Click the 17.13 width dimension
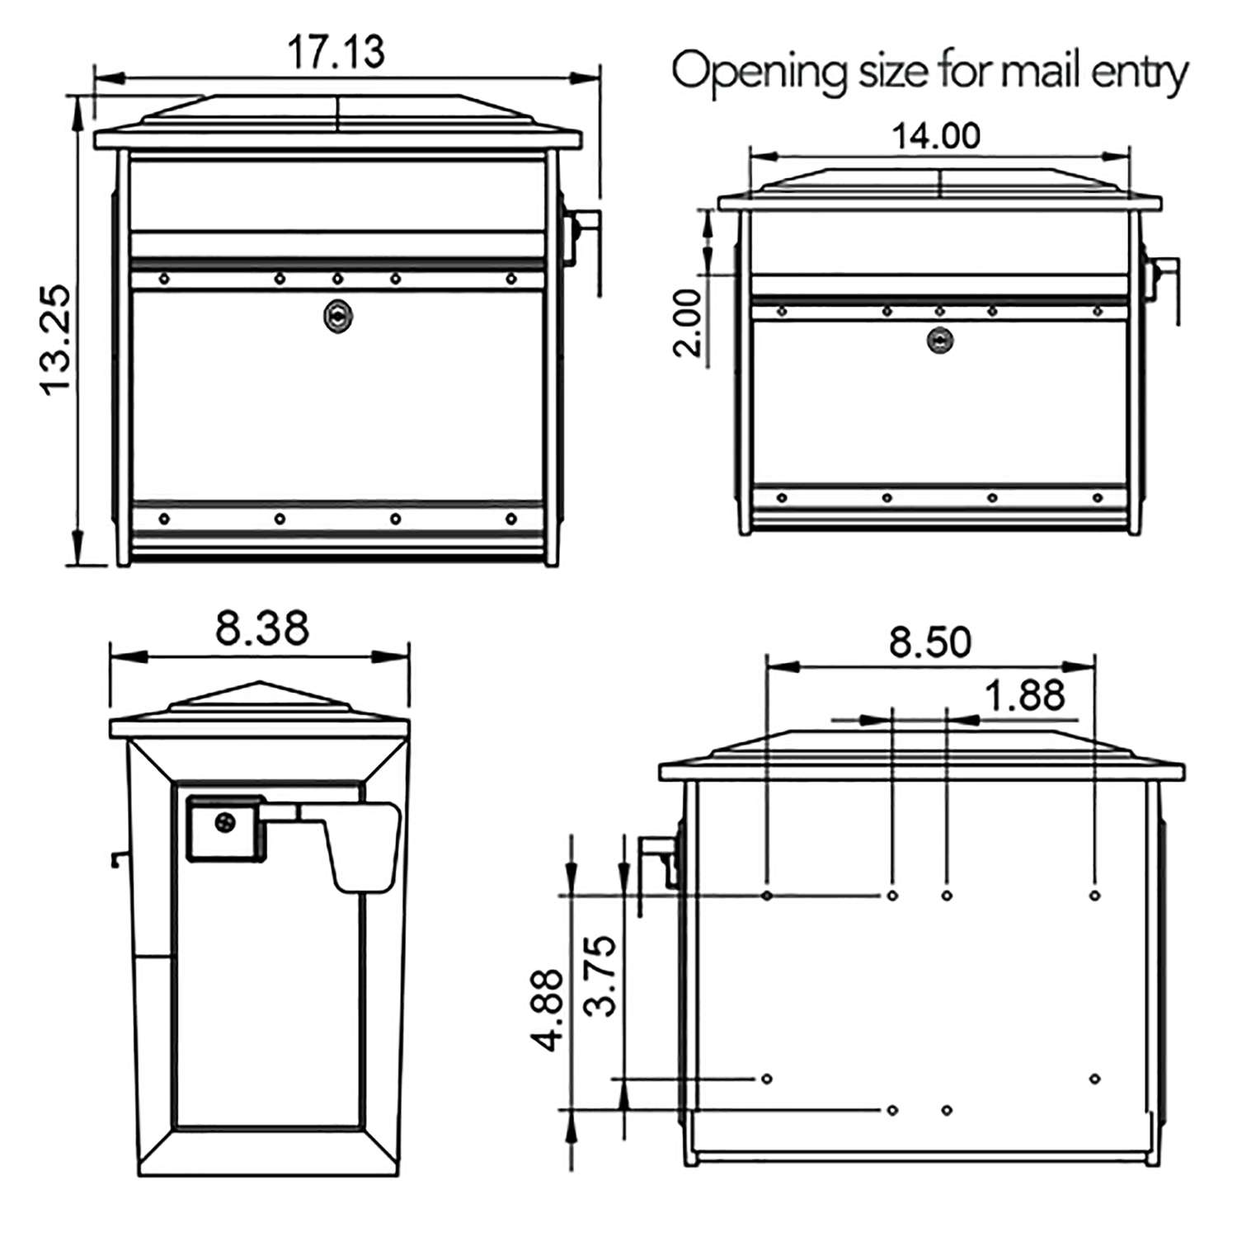pyautogui.click(x=336, y=51)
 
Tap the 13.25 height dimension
pyautogui.click(x=56, y=340)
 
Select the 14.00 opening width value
pyautogui.click(x=936, y=136)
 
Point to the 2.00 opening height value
pyautogui.click(x=688, y=322)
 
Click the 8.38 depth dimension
pyautogui.click(x=262, y=628)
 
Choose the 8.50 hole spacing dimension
pyautogui.click(x=930, y=642)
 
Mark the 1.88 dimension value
pyautogui.click(x=1025, y=695)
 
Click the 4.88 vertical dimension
pyautogui.click(x=548, y=1009)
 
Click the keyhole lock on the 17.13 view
pyautogui.click(x=337, y=315)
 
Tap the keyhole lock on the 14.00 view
pyautogui.click(x=939, y=340)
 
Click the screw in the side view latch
pyautogui.click(x=224, y=822)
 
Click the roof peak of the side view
pyautogui.click(x=260, y=684)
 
